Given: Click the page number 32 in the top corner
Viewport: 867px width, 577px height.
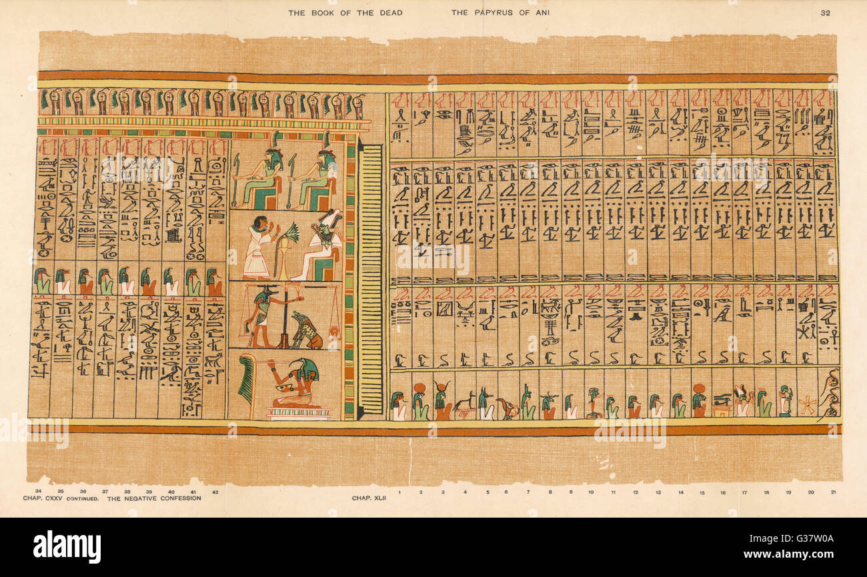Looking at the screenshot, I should click(x=826, y=12).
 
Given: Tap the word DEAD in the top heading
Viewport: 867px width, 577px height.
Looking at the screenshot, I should click(x=391, y=12).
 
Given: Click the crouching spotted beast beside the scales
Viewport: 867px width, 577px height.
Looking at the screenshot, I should click(x=306, y=330).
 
